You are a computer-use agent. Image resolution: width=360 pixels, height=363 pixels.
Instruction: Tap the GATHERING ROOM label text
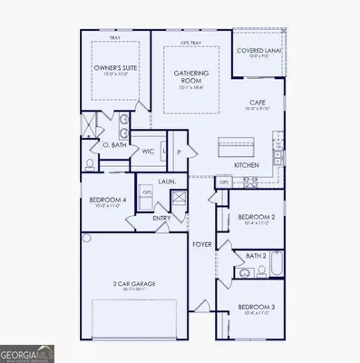click(190, 76)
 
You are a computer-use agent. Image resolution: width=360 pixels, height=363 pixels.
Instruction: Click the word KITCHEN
click(247, 165)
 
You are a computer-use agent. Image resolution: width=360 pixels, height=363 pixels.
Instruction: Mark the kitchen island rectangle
click(238, 145)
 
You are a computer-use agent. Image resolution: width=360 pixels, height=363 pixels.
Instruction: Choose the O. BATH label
click(113, 144)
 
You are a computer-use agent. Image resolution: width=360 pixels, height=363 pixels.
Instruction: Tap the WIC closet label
click(147, 152)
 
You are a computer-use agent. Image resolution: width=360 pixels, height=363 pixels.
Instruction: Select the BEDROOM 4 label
click(107, 201)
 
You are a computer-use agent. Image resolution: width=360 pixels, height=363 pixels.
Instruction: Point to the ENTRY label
click(161, 218)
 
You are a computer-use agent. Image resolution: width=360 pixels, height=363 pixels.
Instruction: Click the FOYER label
click(201, 244)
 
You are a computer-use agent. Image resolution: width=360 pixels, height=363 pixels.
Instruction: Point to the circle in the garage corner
click(87, 238)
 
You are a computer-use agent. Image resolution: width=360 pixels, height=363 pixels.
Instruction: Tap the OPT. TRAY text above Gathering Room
click(190, 43)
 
